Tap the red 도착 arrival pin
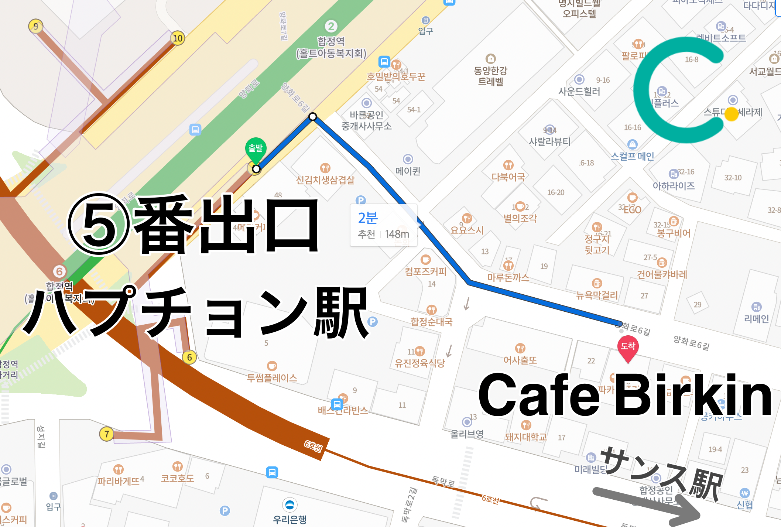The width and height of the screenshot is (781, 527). click(x=628, y=347)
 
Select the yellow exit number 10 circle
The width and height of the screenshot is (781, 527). click(x=178, y=38)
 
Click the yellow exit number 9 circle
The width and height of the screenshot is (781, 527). click(x=35, y=26)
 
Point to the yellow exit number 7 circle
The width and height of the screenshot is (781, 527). click(x=106, y=434)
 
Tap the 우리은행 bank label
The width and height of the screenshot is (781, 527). click(x=290, y=519)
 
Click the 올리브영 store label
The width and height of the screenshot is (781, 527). click(x=467, y=434)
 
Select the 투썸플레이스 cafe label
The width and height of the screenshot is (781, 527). click(x=272, y=377)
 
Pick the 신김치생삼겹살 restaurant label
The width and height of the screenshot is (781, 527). click(x=325, y=180)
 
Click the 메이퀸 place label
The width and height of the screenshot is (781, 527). click(x=408, y=171)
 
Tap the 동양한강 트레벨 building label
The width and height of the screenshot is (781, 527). click(x=490, y=76)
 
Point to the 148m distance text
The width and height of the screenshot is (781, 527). click(x=397, y=234)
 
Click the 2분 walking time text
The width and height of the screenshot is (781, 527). click(x=368, y=218)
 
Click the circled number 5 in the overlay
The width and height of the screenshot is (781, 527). click(x=99, y=224)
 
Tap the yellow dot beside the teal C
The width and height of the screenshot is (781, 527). click(x=731, y=114)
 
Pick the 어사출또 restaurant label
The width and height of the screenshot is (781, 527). click(x=520, y=360)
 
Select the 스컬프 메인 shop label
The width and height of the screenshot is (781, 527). click(x=632, y=156)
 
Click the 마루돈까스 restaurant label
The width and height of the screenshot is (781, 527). click(x=508, y=277)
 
